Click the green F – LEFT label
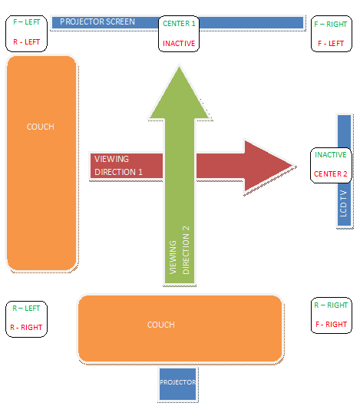click(x=27, y=22)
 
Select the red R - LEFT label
click(x=27, y=42)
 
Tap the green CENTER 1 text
click(x=179, y=24)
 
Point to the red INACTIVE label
click(x=179, y=43)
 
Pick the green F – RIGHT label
click(x=331, y=24)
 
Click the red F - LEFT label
click(x=331, y=43)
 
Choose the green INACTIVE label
click(x=331, y=155)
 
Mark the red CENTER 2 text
click(x=331, y=173)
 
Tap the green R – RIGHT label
click(x=331, y=305)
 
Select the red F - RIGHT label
click(x=331, y=324)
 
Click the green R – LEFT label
click(x=26, y=308)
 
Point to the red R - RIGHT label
click(x=26, y=328)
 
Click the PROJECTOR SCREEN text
click(x=97, y=21)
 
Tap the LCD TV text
click(x=343, y=203)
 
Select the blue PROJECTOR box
click(x=178, y=384)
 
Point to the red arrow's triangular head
click(x=268, y=166)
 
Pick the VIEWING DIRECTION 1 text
click(x=118, y=166)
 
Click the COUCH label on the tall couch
click(x=41, y=127)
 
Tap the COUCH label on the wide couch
click(x=160, y=325)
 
